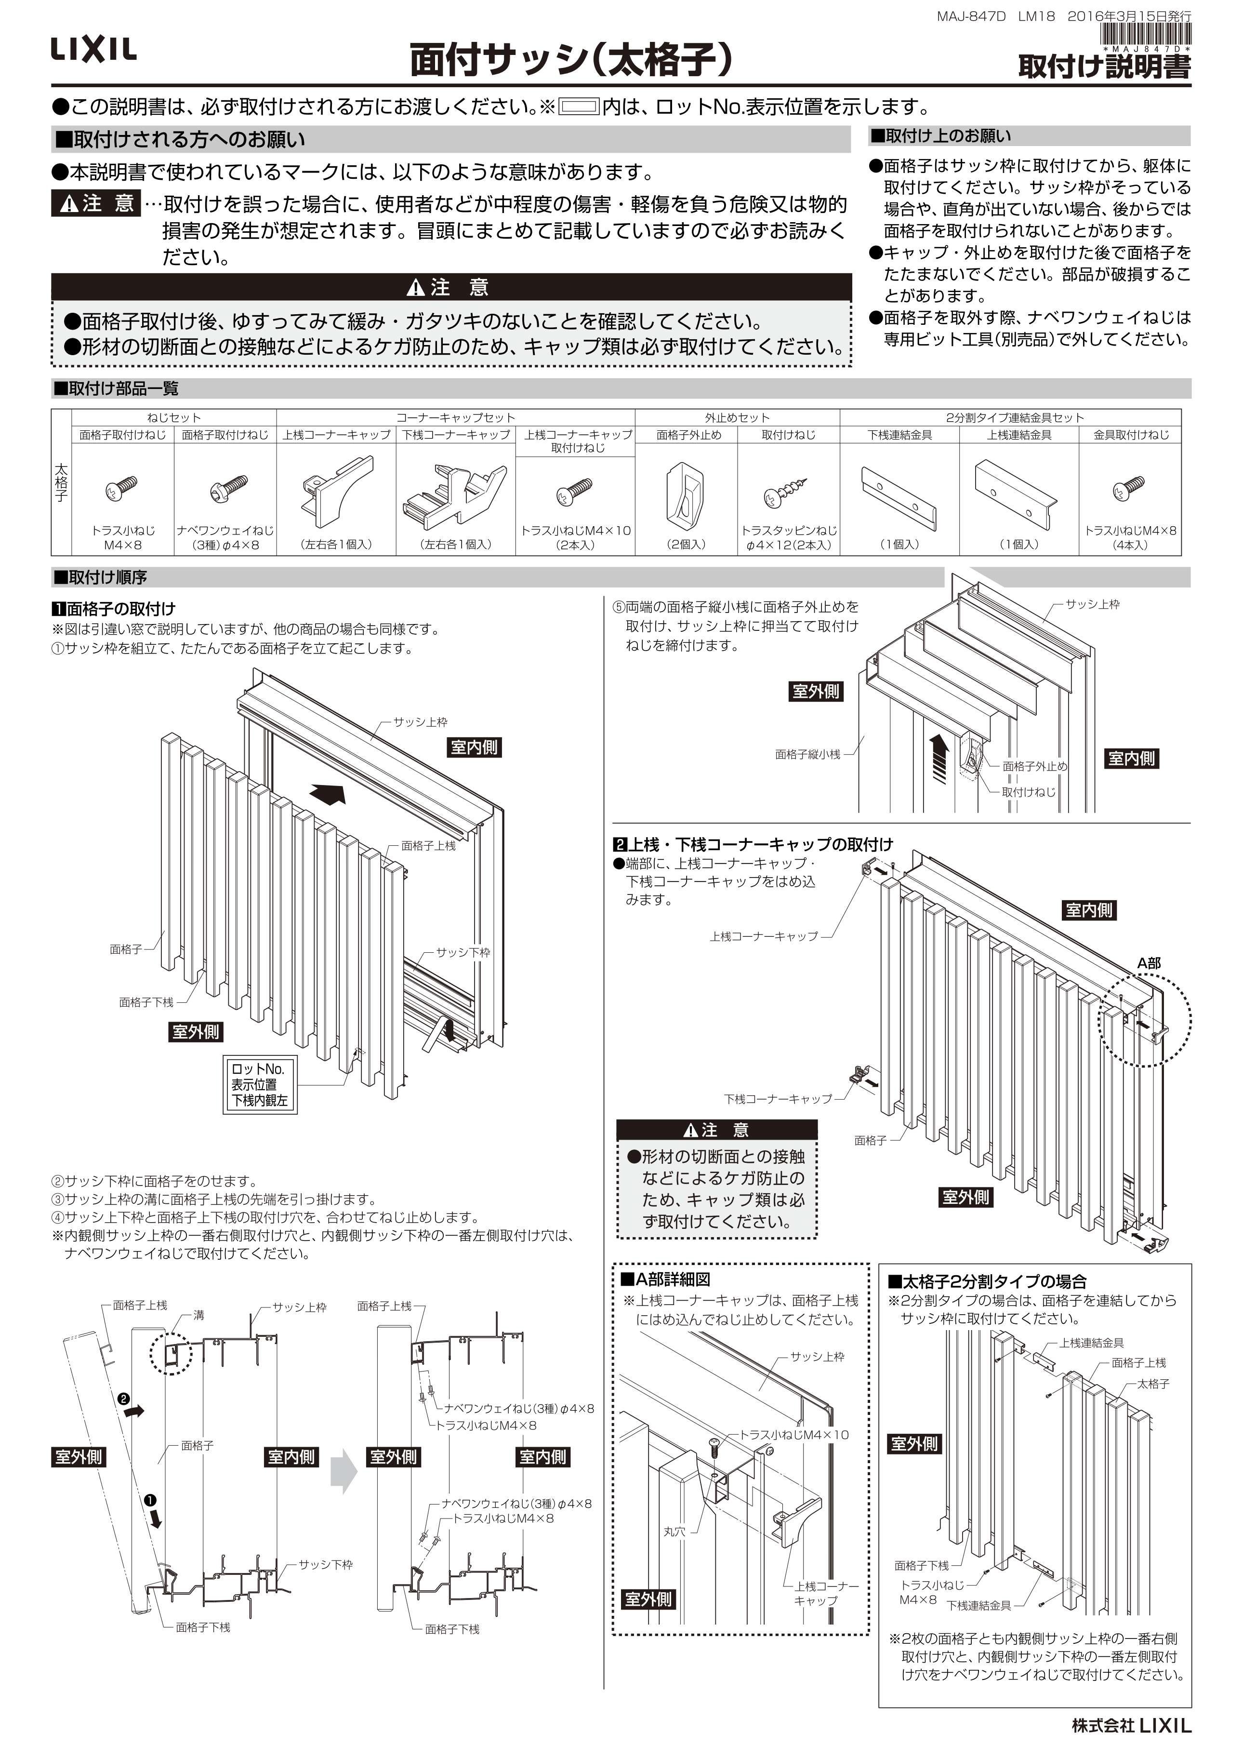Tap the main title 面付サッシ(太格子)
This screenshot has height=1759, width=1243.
coord(570,61)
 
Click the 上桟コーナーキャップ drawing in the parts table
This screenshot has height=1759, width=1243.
coord(337,486)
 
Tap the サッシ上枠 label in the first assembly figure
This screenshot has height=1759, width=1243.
coord(420,722)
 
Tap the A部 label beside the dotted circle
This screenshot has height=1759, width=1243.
coord(1148,963)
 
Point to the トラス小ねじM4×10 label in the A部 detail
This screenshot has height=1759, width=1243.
coord(793,1435)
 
